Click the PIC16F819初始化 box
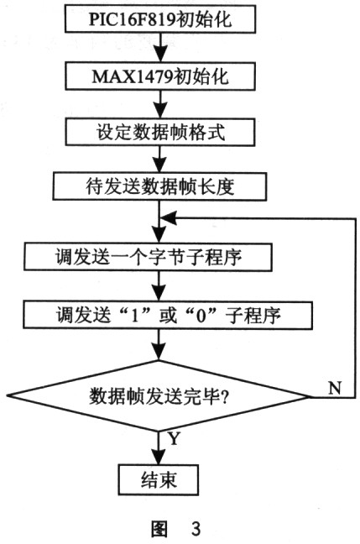[160, 18]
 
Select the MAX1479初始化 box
[160, 76]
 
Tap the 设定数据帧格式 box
[160, 132]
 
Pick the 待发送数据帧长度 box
[159, 187]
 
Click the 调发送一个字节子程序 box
[148, 257]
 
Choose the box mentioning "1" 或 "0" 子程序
[168, 316]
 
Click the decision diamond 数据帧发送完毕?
[158, 396]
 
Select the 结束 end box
[159, 480]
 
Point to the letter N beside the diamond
[335, 388]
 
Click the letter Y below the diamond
[174, 438]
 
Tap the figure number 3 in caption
[196, 528]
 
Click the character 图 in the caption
[159, 529]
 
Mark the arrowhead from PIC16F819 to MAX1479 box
[160, 55]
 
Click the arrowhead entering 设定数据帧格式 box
[160, 112]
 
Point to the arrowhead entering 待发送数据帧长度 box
[160, 166]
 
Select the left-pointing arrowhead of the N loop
[169, 218]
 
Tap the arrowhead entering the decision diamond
[159, 353]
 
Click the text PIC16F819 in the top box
[133, 19]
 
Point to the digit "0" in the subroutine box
[201, 316]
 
